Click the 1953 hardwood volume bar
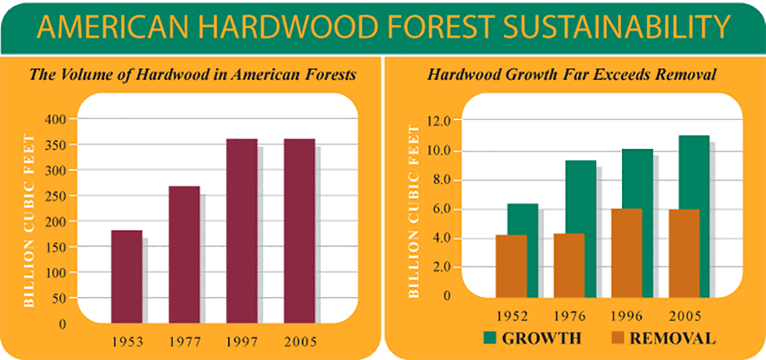[x=127, y=277]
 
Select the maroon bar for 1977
[x=184, y=254]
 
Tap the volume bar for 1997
[x=242, y=231]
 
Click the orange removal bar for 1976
[x=569, y=266]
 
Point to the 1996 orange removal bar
[x=626, y=253]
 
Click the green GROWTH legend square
[x=490, y=338]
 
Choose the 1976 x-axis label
[x=569, y=316]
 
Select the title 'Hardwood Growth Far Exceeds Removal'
[x=572, y=75]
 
